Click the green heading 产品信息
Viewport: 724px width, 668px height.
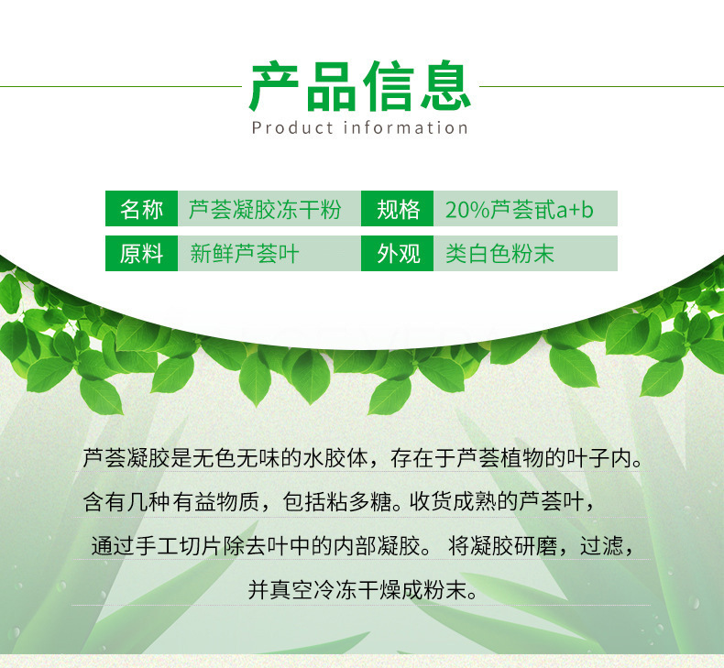(x=360, y=86)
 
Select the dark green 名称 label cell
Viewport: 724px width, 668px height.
(x=141, y=208)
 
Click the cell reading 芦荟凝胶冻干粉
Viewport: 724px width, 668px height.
(x=269, y=208)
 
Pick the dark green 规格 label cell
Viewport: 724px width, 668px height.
(x=397, y=208)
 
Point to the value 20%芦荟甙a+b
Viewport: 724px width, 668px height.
(x=519, y=210)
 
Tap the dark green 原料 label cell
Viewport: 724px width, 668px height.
(x=141, y=253)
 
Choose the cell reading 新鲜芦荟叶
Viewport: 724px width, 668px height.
(x=269, y=253)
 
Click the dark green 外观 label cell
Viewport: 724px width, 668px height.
(x=397, y=253)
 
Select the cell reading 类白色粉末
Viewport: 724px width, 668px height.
(x=525, y=253)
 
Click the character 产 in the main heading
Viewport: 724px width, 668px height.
(x=274, y=86)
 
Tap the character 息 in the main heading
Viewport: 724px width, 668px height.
(x=445, y=86)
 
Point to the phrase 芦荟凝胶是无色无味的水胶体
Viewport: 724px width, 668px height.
(x=225, y=458)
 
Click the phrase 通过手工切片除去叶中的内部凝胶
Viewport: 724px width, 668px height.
(x=256, y=545)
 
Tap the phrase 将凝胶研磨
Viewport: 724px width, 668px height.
(x=503, y=545)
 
